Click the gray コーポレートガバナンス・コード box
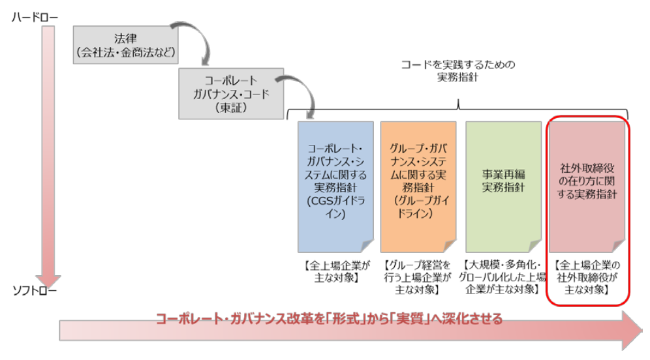click(x=232, y=93)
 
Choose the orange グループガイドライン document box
click(x=418, y=187)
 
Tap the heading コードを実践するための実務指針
click(x=458, y=71)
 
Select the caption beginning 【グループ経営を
click(x=418, y=277)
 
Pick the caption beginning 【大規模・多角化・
click(x=503, y=277)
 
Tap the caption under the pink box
click(x=587, y=277)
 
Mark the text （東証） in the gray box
click(x=232, y=109)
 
